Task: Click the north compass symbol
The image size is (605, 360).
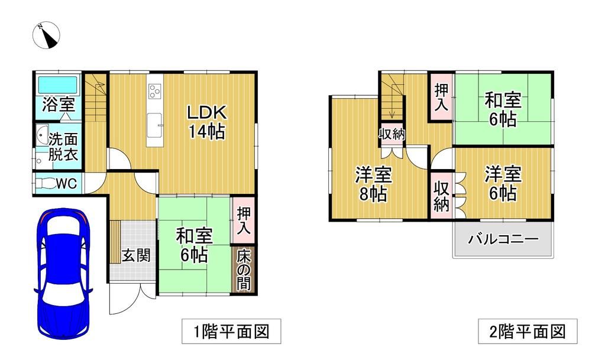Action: [46, 35]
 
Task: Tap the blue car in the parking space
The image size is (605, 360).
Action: [63, 274]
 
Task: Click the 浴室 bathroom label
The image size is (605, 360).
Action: [58, 105]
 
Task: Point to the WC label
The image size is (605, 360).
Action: [66, 184]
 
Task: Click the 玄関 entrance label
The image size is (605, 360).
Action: [135, 255]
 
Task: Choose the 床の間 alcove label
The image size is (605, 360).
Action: [244, 269]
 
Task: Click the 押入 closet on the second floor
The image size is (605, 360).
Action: [441, 97]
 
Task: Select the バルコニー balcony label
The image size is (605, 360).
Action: [503, 239]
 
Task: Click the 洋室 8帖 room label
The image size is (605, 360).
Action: [373, 184]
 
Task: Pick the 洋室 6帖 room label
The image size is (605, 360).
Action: [503, 184]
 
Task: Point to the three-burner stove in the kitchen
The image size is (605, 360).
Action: [155, 91]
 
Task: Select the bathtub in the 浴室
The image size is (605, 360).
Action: [57, 85]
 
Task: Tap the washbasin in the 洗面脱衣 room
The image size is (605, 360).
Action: [42, 135]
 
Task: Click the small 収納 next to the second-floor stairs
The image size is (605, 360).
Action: [392, 134]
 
